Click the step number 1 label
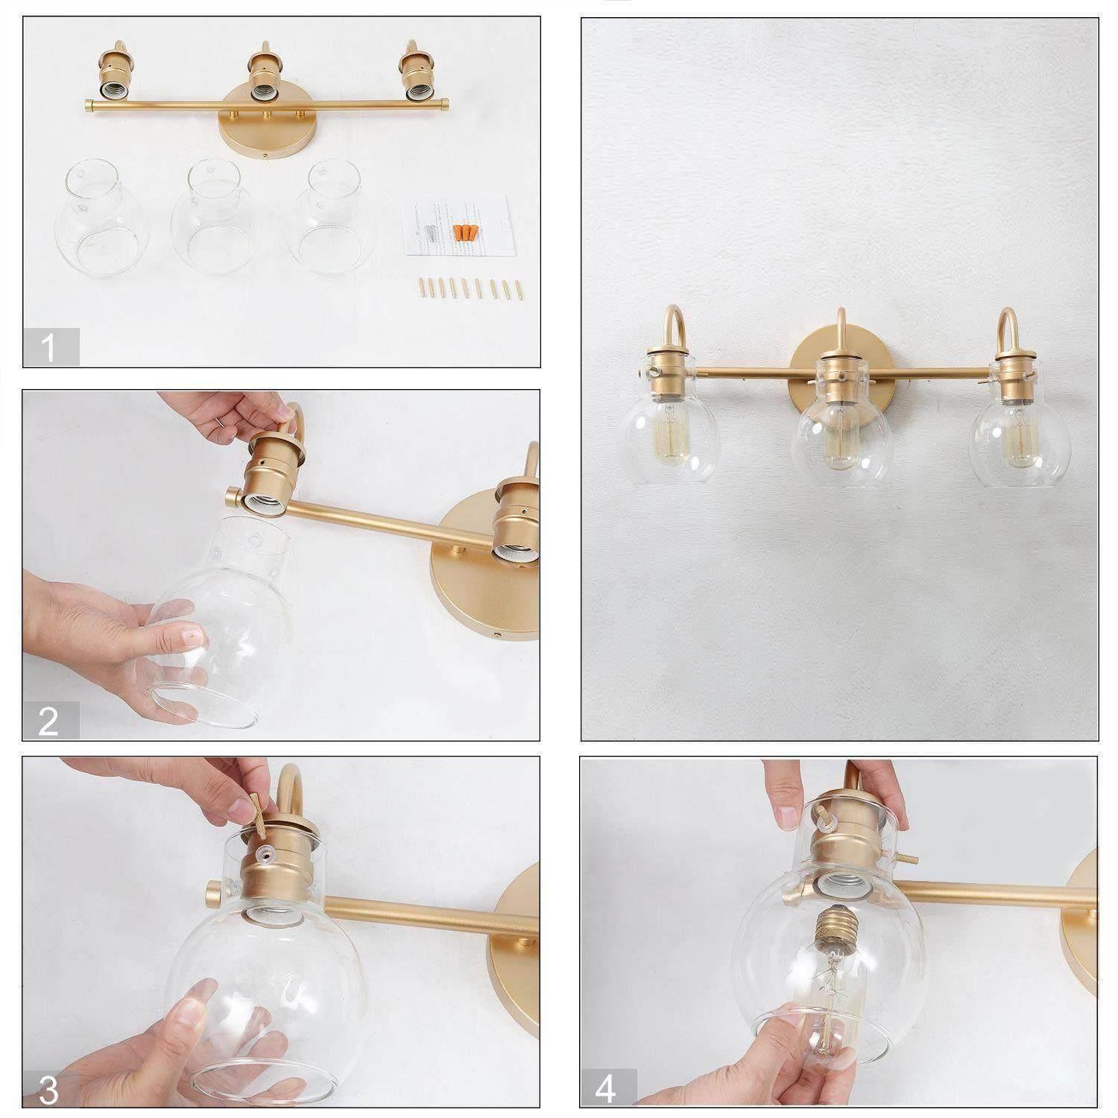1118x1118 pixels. tap(50, 347)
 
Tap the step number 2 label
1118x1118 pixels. tap(50, 721)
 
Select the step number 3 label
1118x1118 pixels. tap(50, 1090)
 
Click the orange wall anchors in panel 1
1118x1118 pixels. tap(462, 233)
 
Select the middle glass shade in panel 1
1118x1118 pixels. tap(211, 224)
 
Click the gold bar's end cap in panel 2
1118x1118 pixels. tap(231, 496)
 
